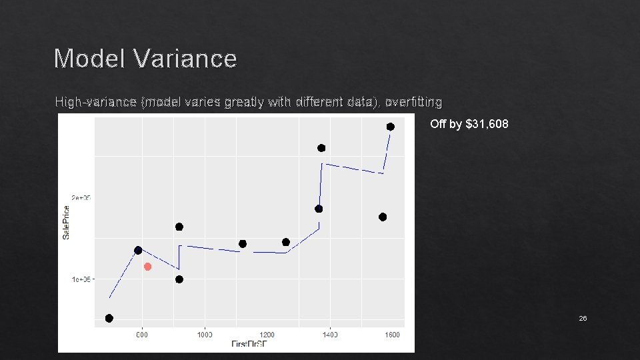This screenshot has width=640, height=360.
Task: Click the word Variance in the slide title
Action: tap(185, 59)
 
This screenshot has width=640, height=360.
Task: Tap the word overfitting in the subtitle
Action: tap(413, 102)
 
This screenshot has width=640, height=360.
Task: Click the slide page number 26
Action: tap(583, 319)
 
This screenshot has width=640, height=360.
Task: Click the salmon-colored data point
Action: tap(148, 267)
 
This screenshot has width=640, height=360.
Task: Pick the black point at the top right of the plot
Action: tap(391, 127)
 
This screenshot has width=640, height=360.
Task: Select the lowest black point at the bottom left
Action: tap(109, 318)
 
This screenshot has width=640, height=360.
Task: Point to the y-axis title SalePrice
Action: tap(66, 223)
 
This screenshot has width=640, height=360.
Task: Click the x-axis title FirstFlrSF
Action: tap(250, 344)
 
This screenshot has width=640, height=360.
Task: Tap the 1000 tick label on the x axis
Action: tap(204, 335)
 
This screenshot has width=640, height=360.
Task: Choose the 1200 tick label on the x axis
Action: tap(267, 335)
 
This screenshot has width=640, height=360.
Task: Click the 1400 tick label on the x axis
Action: tap(329, 335)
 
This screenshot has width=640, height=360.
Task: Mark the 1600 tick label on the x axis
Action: tap(392, 335)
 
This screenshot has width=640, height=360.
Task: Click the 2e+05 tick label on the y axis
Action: tap(81, 197)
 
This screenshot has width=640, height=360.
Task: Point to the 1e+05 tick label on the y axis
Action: tap(81, 279)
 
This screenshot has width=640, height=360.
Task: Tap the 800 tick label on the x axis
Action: tap(142, 335)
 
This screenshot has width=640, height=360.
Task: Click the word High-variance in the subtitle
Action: tap(97, 102)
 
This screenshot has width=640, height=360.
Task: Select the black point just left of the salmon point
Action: tap(138, 250)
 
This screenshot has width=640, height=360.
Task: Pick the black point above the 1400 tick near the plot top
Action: tap(321, 148)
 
